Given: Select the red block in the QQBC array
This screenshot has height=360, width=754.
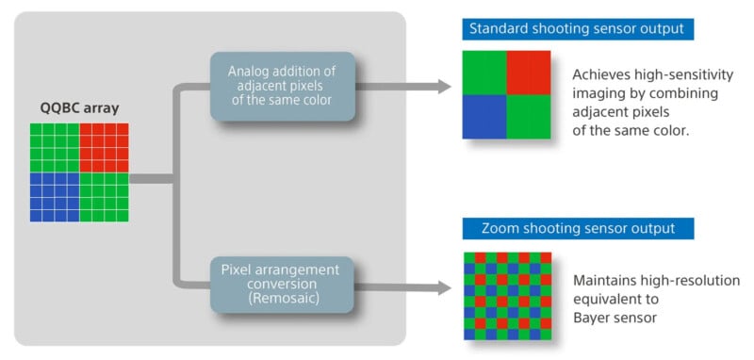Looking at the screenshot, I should [104, 147].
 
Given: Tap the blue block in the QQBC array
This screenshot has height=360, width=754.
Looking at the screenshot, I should [55, 196].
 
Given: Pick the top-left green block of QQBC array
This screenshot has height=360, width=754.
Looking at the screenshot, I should [55, 147].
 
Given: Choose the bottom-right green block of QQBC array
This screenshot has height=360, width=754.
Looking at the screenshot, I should [104, 196].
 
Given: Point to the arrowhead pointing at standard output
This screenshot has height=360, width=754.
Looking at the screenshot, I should [442, 87].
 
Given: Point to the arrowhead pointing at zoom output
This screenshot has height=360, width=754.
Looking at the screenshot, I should [442, 286].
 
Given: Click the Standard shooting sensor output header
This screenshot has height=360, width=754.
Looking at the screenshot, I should [579, 28].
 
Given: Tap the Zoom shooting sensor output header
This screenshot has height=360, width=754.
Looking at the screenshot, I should [579, 228].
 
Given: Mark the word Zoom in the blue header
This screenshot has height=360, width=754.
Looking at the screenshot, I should [501, 228].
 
